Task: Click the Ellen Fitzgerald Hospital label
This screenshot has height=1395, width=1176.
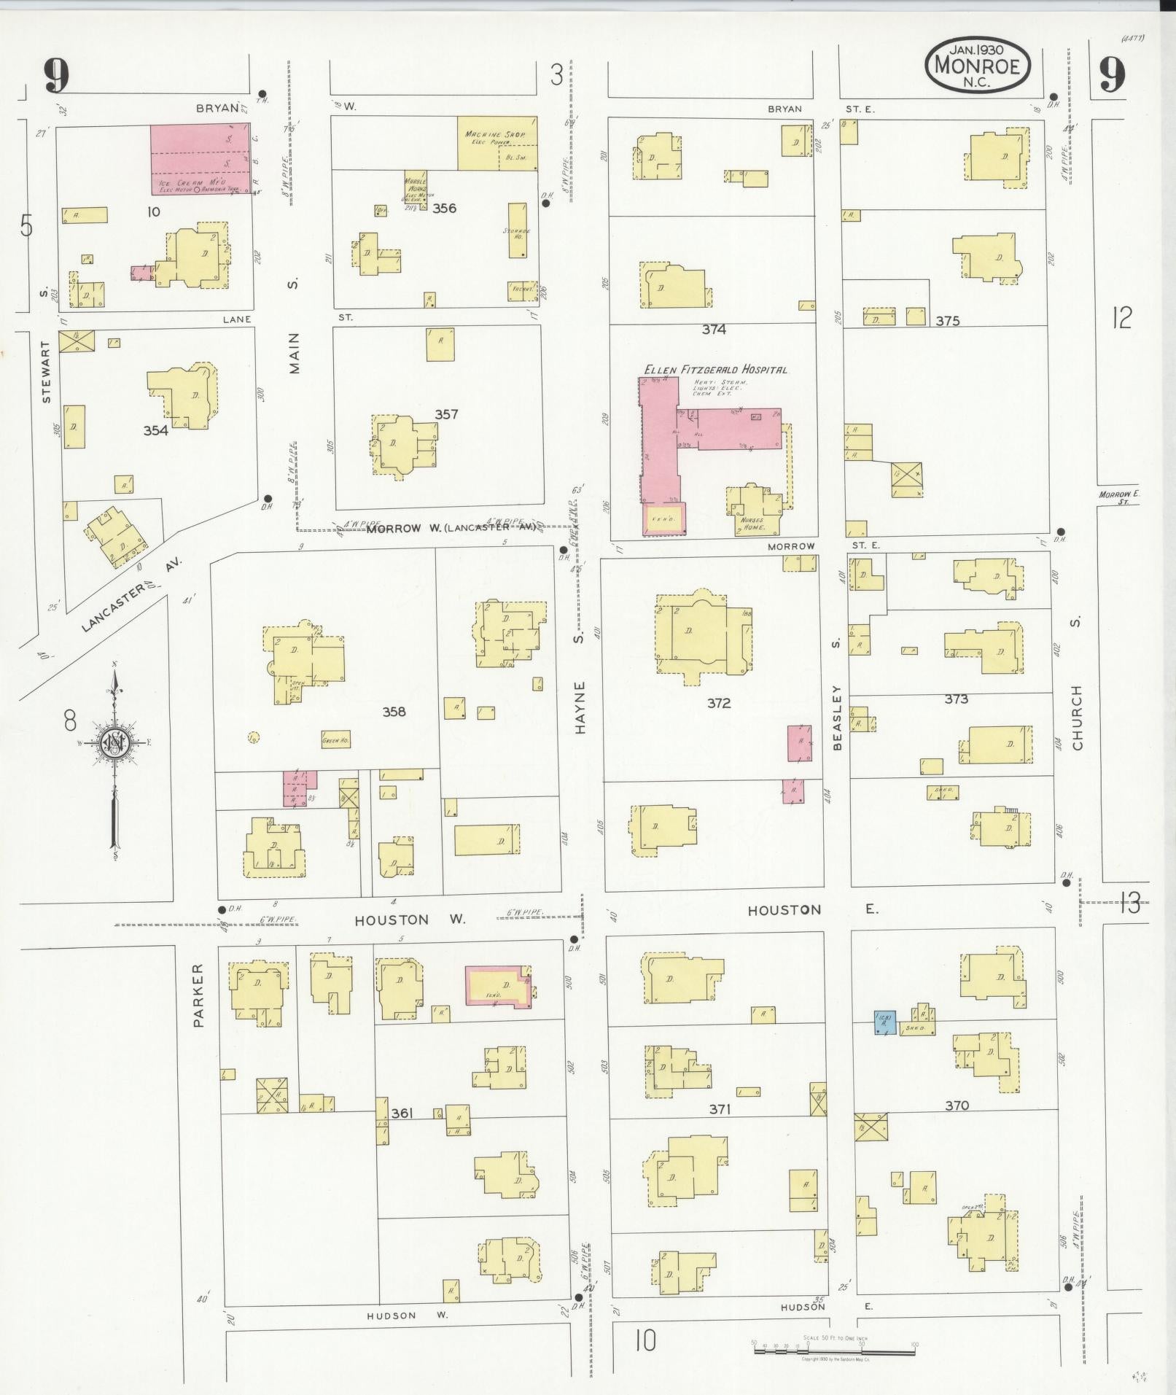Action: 715,370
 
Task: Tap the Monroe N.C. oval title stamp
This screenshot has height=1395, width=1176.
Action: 977,66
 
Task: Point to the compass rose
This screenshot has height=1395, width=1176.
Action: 114,744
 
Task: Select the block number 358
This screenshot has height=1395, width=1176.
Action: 394,712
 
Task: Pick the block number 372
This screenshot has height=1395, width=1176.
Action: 718,704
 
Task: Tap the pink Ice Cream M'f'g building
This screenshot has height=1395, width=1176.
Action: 202,159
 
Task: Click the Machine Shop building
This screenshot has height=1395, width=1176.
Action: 498,144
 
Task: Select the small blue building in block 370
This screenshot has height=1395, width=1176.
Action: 884,1022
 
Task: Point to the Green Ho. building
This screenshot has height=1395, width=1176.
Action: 335,741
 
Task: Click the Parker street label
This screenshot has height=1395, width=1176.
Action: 199,995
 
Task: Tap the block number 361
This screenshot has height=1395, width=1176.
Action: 402,1133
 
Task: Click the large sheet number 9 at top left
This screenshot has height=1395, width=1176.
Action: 55,75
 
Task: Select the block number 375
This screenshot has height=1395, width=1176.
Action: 947,321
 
